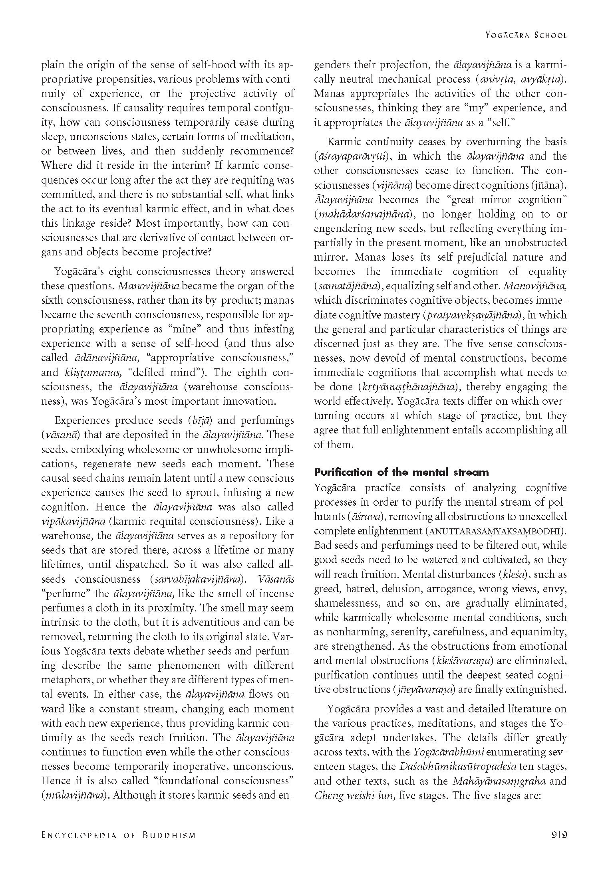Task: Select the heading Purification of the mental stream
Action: coord(401,473)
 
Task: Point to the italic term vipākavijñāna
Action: coord(73,522)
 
